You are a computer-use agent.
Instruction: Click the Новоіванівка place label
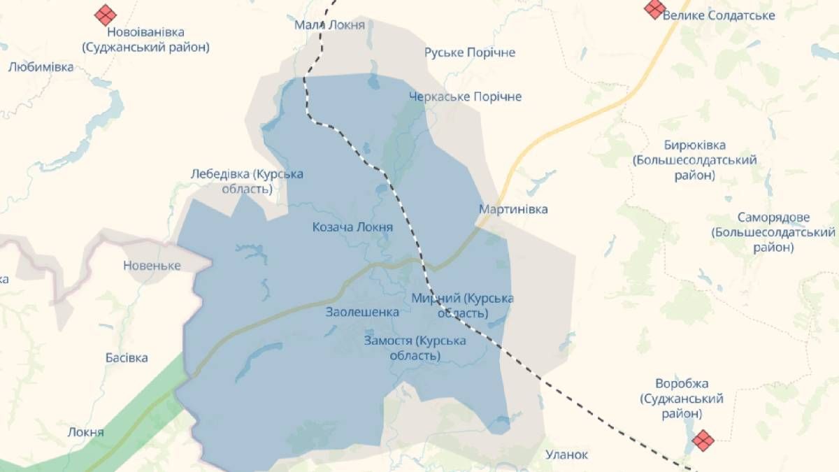[145, 40]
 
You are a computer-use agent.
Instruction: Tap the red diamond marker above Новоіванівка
[106, 13]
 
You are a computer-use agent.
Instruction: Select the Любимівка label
[41, 67]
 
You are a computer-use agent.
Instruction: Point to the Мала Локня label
[329, 25]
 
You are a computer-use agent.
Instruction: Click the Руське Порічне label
[470, 52]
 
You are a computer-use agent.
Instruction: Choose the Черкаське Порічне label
[465, 96]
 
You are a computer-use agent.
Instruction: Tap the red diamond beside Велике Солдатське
[655, 8]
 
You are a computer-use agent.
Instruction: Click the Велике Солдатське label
[719, 15]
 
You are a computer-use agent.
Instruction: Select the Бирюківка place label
[695, 160]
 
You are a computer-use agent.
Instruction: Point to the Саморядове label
[773, 232]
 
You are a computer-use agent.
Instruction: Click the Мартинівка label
[513, 209]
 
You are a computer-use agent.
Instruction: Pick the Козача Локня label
[352, 227]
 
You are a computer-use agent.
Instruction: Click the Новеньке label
[152, 266]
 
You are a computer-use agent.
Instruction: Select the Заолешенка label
[362, 313]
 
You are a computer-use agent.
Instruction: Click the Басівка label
[127, 358]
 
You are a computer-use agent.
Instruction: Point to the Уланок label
[566, 455]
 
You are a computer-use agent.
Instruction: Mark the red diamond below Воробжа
[703, 440]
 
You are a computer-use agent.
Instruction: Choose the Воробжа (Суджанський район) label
[682, 399]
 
